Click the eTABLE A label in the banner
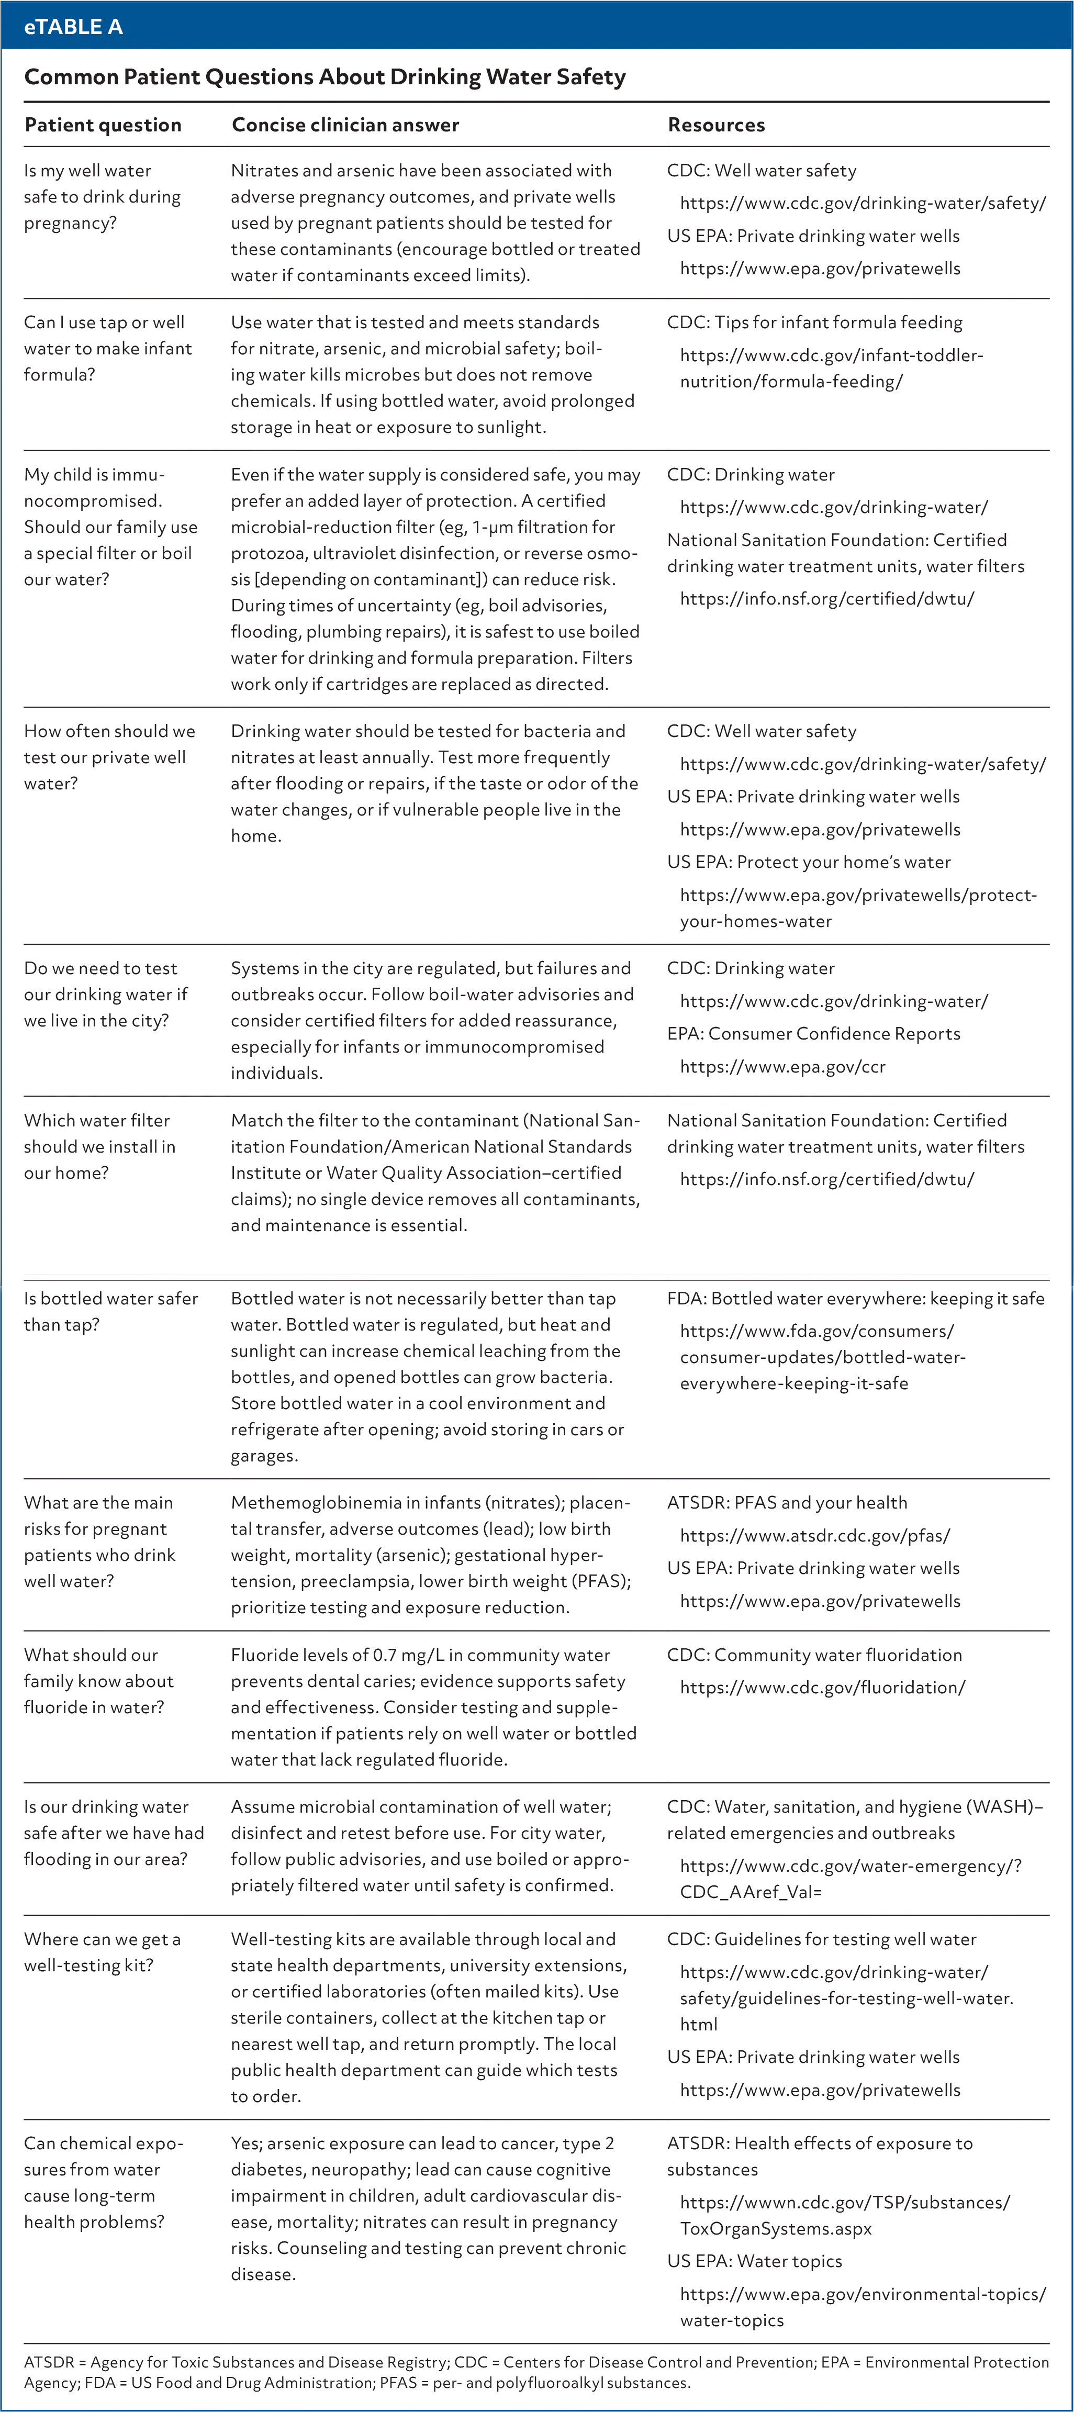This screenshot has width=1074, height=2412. [73, 26]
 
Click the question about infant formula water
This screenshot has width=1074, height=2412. [108, 348]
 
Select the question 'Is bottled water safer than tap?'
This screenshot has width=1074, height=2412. [110, 1311]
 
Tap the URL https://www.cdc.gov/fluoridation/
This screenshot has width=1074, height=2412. [822, 1687]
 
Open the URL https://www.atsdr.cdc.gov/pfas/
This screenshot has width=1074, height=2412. [814, 1536]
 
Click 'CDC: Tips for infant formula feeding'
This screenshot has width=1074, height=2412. [814, 322]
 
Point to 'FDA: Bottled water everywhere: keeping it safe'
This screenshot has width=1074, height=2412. [855, 1299]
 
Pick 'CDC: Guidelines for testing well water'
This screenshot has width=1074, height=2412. [821, 1939]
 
